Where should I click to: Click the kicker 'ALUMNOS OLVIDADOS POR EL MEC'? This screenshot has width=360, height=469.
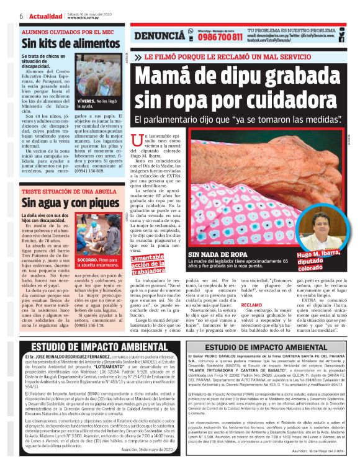tap(66, 31)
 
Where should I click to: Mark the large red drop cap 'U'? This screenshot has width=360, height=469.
tap(137, 140)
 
